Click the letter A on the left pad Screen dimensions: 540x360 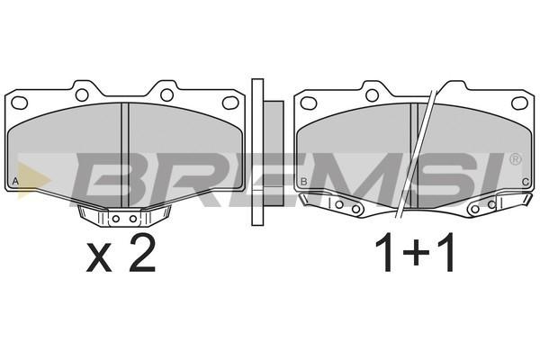pyautogui.click(x=15, y=181)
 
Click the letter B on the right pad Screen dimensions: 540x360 pyautogui.click(x=303, y=181)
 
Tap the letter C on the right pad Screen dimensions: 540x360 pyautogui.click(x=526, y=182)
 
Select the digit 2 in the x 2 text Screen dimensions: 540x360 pyautogui.click(x=142, y=253)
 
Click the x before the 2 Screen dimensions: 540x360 pyautogui.click(x=99, y=257)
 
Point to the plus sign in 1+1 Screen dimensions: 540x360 pyautogui.click(x=416, y=253)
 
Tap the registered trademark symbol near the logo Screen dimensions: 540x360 pyautogui.click(x=515, y=159)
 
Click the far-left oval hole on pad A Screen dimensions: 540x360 pyautogui.click(x=19, y=103)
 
